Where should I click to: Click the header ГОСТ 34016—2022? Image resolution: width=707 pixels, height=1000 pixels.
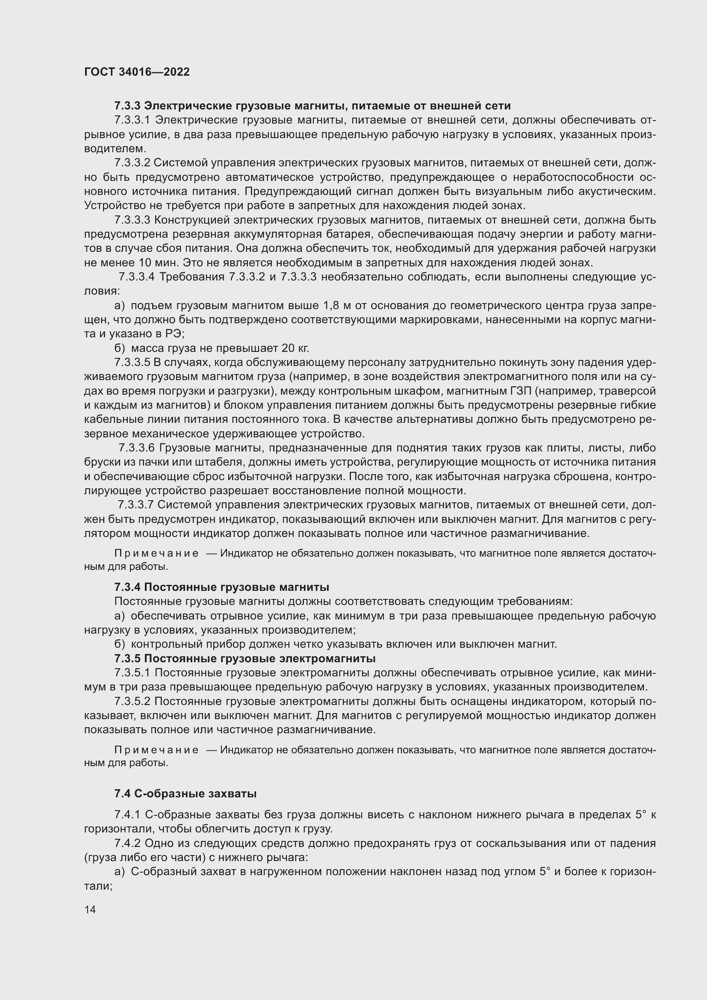pos(137,72)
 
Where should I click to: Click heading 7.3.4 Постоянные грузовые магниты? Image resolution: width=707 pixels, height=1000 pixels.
pos(221,587)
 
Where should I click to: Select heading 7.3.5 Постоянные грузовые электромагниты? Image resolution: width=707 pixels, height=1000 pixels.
pos(245,658)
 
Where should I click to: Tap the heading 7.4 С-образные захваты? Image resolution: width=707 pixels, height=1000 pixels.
pos(185,794)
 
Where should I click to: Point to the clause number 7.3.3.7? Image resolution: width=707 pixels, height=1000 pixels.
pos(136,505)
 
